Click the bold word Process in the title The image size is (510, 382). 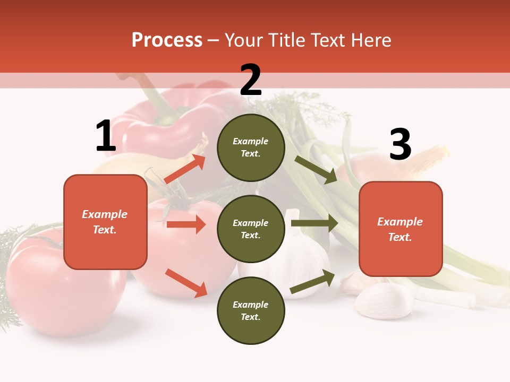(167, 40)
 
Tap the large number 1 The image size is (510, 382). (106, 136)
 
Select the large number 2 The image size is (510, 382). (251, 80)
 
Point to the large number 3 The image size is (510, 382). (400, 145)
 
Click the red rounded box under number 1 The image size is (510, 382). (105, 222)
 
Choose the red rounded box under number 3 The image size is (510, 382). (401, 229)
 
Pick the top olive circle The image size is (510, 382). (251, 147)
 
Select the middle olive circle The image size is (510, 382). (251, 229)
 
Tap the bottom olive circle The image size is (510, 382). (251, 310)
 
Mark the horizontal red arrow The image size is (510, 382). (186, 224)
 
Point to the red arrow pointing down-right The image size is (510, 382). (186, 282)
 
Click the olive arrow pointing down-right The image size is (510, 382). (316, 169)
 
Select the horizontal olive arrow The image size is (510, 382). (314, 223)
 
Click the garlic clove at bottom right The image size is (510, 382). (384, 301)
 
